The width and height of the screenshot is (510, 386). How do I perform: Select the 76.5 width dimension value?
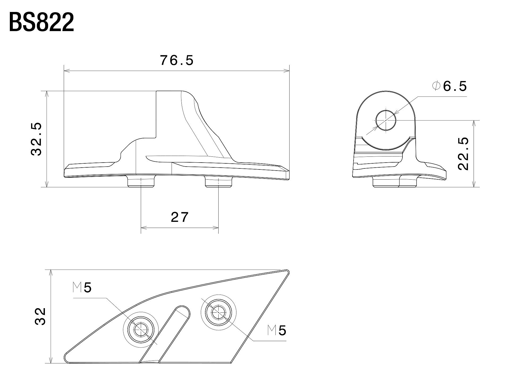[177, 61]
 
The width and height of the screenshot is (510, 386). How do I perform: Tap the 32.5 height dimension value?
[37, 139]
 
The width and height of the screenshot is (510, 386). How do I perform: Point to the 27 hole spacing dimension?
[180, 217]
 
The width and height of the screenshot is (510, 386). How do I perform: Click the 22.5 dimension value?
[464, 154]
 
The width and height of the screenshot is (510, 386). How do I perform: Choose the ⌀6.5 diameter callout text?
[449, 86]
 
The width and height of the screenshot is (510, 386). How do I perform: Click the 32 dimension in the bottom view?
[40, 316]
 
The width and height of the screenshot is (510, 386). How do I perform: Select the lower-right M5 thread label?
[277, 330]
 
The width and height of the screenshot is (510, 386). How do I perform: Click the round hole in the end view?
[386, 120]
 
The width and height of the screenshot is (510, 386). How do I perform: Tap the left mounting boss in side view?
[141, 181]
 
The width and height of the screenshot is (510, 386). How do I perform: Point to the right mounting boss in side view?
[219, 181]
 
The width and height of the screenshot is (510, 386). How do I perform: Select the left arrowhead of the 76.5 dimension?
[67, 71]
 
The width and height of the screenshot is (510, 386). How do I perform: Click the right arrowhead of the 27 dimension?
[216, 228]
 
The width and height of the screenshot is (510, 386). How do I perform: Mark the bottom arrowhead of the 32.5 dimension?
[47, 184]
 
